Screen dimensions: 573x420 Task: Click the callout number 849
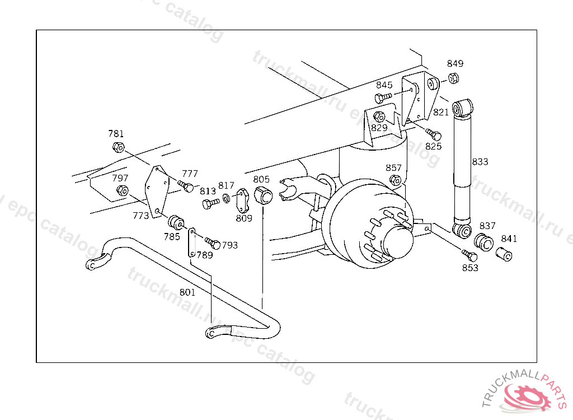pyautogui.click(x=455, y=64)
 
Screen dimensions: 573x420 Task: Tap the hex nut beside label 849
pyautogui.click(x=453, y=78)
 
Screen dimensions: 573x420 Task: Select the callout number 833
pyautogui.click(x=480, y=162)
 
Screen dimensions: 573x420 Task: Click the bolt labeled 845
pyautogui.click(x=383, y=97)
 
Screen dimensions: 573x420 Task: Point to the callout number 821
pyautogui.click(x=441, y=113)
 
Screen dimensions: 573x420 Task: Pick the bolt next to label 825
pyautogui.click(x=434, y=134)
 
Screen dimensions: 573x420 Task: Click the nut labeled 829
pyautogui.click(x=379, y=116)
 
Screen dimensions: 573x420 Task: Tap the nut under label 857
pyautogui.click(x=396, y=180)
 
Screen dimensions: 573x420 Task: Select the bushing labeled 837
pyautogui.click(x=484, y=242)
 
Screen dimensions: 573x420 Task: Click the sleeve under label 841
pyautogui.click(x=504, y=254)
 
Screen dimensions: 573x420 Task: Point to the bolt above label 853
pyautogui.click(x=469, y=255)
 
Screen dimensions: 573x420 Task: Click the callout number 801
pyautogui.click(x=187, y=292)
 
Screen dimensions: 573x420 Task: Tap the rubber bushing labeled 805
pyautogui.click(x=263, y=194)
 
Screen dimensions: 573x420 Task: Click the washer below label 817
pyautogui.click(x=227, y=198)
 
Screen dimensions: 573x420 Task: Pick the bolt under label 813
pyautogui.click(x=211, y=203)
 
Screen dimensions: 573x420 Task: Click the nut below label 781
pyautogui.click(x=118, y=147)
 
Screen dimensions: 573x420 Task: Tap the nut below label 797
pyautogui.click(x=122, y=190)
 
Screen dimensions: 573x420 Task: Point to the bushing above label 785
pyautogui.click(x=176, y=222)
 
